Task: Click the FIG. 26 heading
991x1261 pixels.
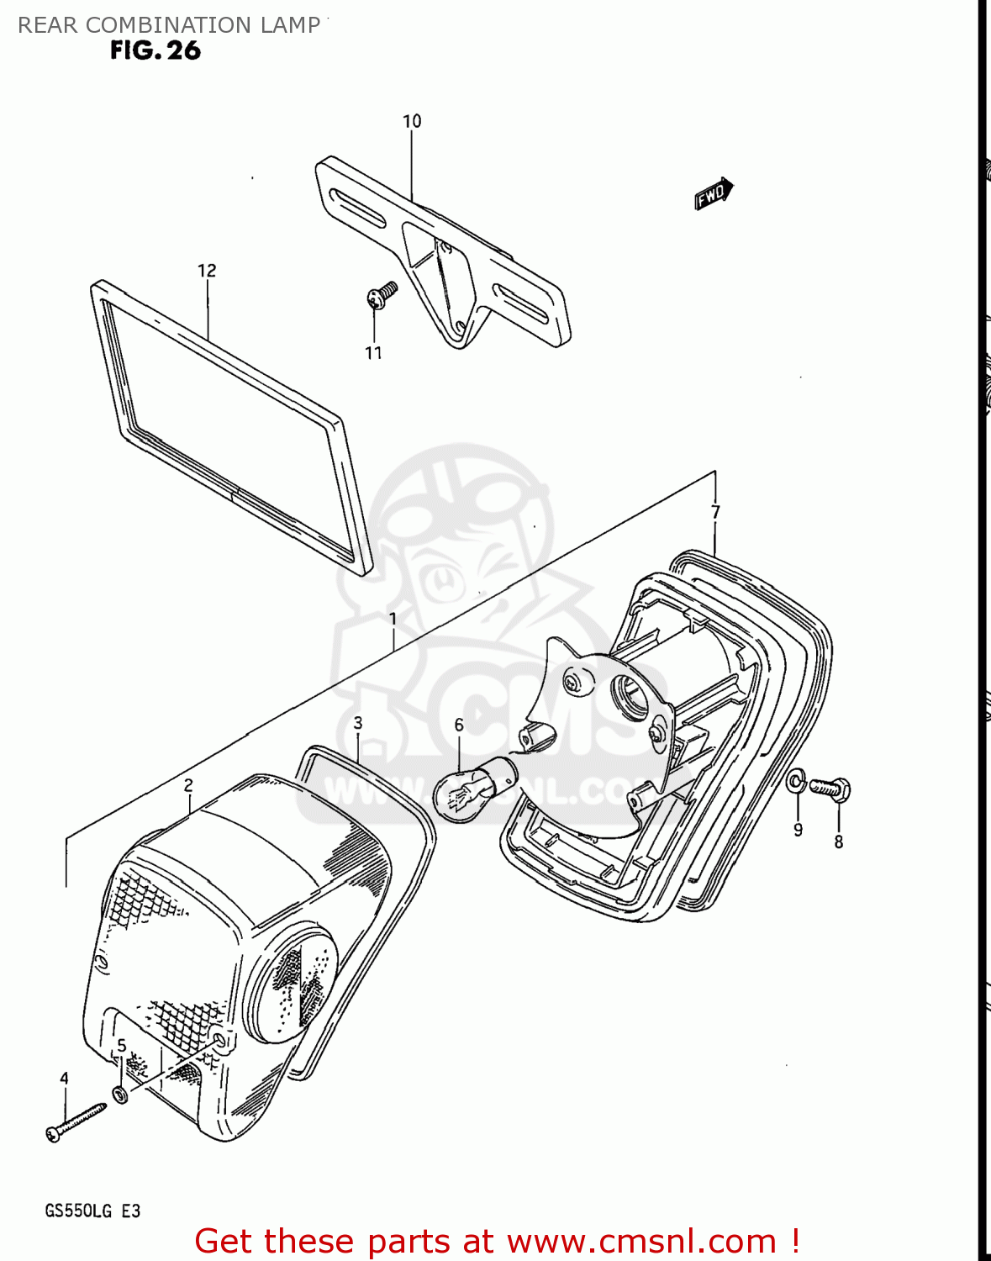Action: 156,50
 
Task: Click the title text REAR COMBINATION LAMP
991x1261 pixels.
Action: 169,25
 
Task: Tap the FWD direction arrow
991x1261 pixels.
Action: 714,193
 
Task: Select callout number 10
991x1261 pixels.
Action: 412,121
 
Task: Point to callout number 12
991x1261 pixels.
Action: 207,270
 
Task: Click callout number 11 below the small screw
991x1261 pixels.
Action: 374,353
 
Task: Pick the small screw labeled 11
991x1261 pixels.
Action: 382,294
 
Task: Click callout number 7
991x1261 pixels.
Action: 715,511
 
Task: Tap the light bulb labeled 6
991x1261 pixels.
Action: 473,787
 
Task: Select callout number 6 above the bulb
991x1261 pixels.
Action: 459,725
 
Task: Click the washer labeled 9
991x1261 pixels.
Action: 796,783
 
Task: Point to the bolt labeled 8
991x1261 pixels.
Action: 831,789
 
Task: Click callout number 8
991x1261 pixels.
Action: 838,842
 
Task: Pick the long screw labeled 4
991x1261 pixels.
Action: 76,1121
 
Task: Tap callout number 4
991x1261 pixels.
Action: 64,1079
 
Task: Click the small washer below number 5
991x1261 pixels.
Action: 120,1094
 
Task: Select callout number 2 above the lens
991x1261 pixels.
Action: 188,784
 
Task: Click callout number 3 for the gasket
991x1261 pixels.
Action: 358,723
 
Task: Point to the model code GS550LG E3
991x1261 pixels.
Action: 92,1211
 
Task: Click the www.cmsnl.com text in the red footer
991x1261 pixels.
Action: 641,1242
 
